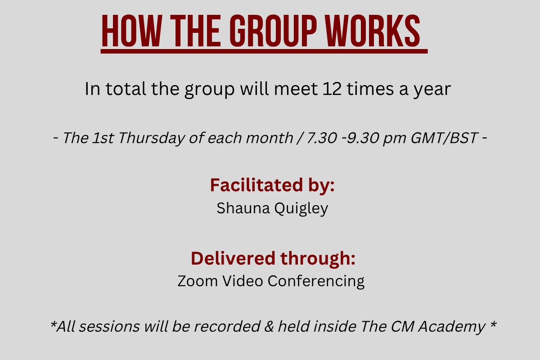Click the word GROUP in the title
tap(273, 31)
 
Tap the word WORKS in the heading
tap(373, 31)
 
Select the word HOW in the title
tap(131, 31)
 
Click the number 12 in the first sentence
tap(332, 89)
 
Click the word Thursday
tap(152, 139)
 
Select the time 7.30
tap(322, 138)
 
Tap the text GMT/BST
tap(444, 138)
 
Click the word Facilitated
tap(256, 185)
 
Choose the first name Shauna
tap(243, 208)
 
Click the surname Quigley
tap(301, 209)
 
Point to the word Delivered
tap(233, 258)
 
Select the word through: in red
tap(318, 259)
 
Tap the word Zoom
tap(198, 281)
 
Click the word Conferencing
tap(316, 282)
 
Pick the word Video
tap(243, 281)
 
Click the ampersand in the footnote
tap(269, 327)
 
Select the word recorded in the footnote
tap(227, 327)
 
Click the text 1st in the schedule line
tap(103, 138)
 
